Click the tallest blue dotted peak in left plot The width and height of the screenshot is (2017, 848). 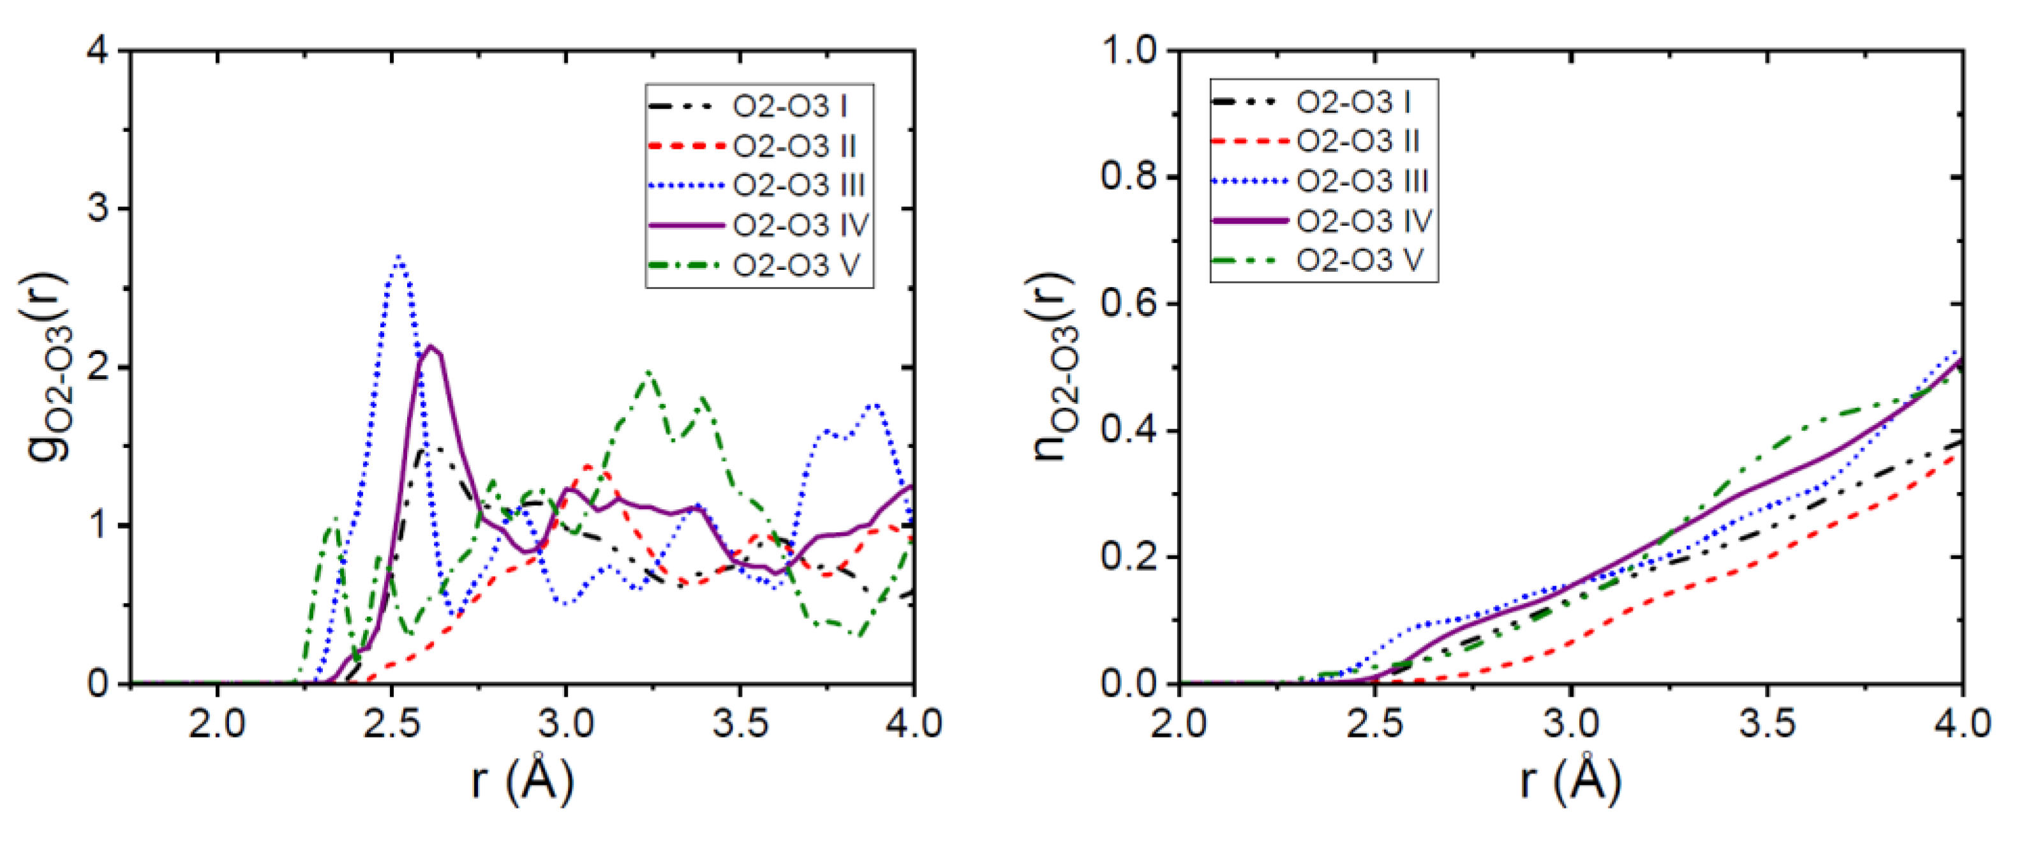click(x=399, y=258)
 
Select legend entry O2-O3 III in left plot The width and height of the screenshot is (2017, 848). click(x=798, y=186)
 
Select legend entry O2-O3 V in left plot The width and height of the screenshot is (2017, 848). click(x=796, y=265)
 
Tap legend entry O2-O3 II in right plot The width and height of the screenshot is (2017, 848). click(x=1358, y=142)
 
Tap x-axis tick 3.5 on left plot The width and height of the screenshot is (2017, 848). click(x=740, y=724)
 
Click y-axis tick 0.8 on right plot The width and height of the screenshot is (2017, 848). click(x=1128, y=177)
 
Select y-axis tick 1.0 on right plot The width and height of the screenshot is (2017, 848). click(x=1128, y=52)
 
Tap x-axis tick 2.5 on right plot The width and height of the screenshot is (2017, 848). click(x=1375, y=724)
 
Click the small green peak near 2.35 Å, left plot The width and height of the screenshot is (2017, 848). click(x=334, y=518)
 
